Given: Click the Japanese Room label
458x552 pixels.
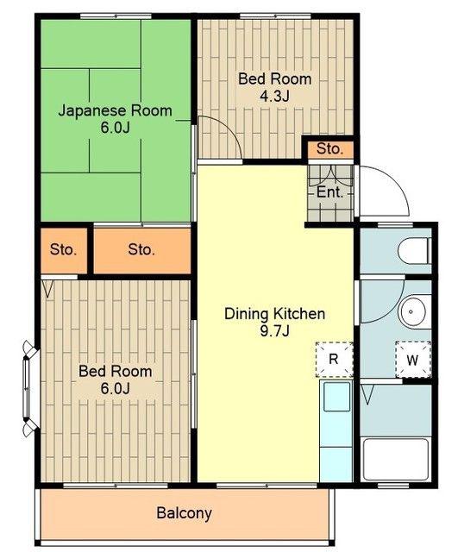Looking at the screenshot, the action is coord(115,110).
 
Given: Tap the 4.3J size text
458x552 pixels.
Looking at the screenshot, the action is coord(274,96).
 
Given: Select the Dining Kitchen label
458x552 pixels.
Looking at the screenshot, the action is coord(274,314).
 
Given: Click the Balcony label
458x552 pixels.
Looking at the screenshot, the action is coord(184,513).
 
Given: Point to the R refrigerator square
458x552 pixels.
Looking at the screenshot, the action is coord(334,360).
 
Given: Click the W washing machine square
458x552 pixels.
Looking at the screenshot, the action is coord(413,360).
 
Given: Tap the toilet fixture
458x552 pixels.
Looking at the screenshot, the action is coord(414,251).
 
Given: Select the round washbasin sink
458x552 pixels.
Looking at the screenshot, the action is coord(411,312).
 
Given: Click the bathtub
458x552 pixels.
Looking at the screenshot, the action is coord(396,459).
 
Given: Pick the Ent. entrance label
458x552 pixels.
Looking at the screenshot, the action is coord(329,192).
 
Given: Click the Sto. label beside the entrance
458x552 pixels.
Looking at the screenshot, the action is coord(329,149).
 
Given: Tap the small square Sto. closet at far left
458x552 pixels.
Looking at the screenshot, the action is coord(63,250).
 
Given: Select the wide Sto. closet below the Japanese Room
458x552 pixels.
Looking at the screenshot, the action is coord(141,250).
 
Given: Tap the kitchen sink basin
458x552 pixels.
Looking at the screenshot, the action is coord(337,397).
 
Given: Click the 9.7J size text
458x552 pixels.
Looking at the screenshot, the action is coord(274,331).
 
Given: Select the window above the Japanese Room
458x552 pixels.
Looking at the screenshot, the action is coord(116,16).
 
